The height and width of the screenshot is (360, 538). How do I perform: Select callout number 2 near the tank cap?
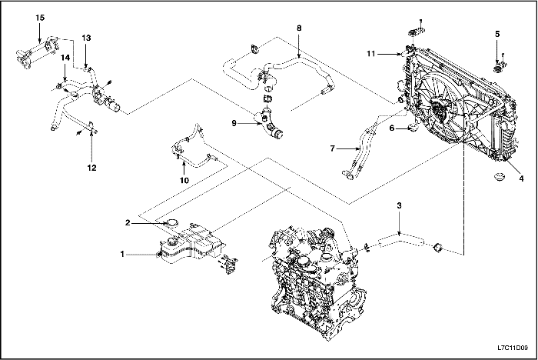pos(128,223)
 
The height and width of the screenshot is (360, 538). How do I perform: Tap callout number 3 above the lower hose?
pos(399,205)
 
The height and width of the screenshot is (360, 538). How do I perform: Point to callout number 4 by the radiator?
pos(521,178)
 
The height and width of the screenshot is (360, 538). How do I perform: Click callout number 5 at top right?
pos(497,34)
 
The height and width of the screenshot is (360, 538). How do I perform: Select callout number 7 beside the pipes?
pos(332,148)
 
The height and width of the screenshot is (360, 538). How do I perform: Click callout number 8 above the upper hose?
pos(298,28)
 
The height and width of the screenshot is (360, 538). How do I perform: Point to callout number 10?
pos(184,180)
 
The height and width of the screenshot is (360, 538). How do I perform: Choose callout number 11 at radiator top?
pos(370,54)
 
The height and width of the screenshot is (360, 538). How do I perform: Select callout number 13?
pos(86,38)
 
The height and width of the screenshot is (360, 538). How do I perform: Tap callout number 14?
pos(65,57)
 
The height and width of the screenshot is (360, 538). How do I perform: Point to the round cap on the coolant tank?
pos(175,225)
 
